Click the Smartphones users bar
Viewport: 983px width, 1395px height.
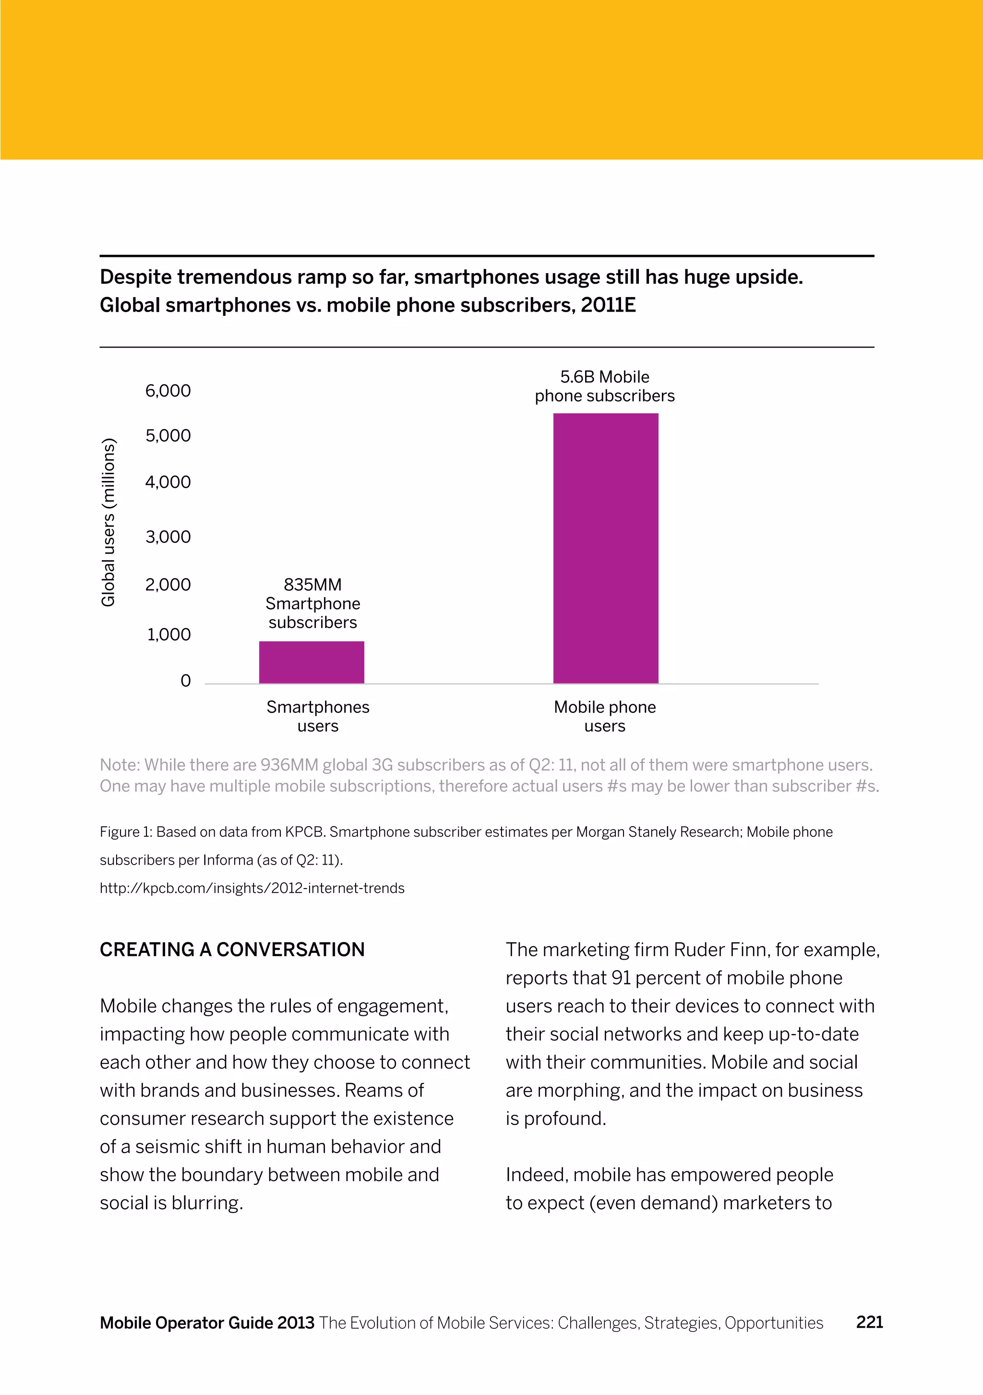click(312, 662)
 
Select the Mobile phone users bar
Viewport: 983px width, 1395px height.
click(606, 548)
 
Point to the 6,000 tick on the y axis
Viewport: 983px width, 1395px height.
click(168, 391)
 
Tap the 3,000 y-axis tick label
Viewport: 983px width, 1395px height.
click(168, 537)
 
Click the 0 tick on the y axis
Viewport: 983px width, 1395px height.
click(185, 681)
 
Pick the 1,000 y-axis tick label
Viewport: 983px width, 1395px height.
click(168, 634)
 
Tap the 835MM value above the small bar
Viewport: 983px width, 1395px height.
click(312, 585)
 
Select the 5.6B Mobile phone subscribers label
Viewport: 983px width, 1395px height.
click(604, 386)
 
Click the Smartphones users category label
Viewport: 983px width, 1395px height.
click(318, 716)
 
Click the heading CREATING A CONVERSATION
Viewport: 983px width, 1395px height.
click(232, 949)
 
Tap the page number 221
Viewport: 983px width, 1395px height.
click(869, 1322)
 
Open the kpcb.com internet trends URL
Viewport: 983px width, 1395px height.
click(252, 888)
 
